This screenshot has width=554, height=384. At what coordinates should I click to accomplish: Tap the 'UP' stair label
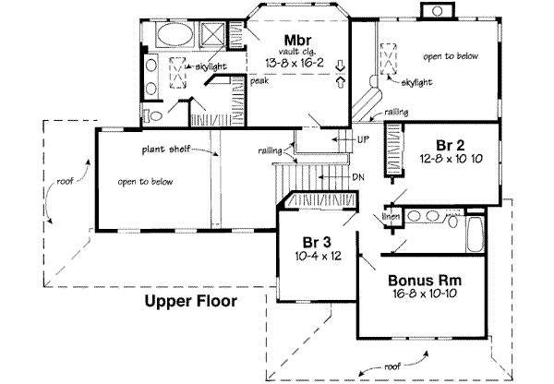point(363,138)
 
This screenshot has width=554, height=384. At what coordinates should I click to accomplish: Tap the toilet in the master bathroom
point(156,115)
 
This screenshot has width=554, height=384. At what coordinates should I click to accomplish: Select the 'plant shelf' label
point(166,149)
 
